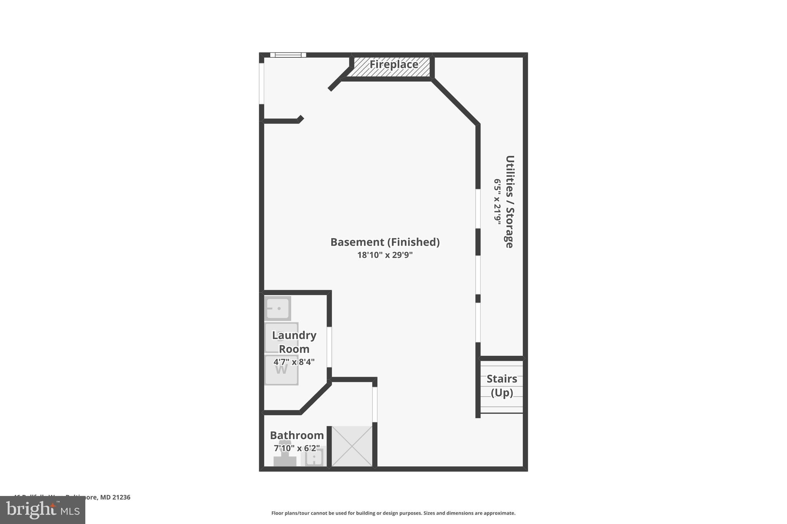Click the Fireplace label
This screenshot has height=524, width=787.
pos(393,64)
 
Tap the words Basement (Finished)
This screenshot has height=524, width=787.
pos(385,242)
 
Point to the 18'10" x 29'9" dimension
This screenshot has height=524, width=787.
pos(385,255)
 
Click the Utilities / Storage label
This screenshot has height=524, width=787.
pos(510,202)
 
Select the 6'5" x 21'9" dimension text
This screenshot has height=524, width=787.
pos(498,202)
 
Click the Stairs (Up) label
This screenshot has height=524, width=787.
pos(501,385)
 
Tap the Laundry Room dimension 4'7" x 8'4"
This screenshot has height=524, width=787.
pos(294,362)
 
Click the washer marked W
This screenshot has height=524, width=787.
pos(281,370)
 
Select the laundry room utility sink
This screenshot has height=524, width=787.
pos(277,308)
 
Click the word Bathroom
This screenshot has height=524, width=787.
pos(297,435)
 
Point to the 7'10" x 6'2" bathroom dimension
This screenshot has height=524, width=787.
pos(297,448)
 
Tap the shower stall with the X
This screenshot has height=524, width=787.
pos(352,446)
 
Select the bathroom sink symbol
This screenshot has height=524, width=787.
pos(314,458)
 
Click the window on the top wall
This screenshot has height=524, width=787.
pos(288,55)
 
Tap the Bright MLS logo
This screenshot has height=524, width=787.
pos(43,510)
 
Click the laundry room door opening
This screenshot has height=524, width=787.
pos(329,347)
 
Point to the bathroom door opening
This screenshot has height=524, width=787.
pos(375,404)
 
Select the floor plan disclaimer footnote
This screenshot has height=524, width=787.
pos(393,513)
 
